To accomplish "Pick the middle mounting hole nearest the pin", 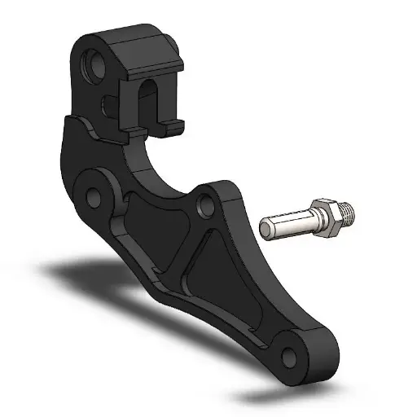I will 208,201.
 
